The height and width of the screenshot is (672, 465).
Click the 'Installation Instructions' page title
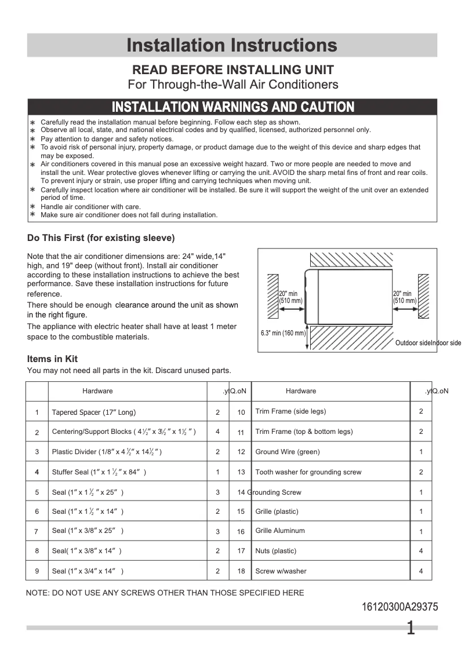(232, 45)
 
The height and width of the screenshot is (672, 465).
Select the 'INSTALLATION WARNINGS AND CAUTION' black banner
(232, 107)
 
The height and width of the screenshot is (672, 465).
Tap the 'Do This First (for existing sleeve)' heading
(101, 238)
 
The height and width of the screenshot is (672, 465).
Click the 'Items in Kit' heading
(52, 359)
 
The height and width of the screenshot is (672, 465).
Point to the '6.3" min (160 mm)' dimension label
(282, 333)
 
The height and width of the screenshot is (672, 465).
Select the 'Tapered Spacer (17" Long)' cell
(94, 412)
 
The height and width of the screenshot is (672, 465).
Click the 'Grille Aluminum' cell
(280, 531)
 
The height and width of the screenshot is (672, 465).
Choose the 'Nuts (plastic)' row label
(276, 551)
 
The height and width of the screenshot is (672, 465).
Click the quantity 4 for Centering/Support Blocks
(218, 432)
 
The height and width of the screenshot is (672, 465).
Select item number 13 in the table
(241, 472)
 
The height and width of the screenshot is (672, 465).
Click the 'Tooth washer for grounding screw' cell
(308, 472)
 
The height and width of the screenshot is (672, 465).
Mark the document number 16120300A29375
(400, 607)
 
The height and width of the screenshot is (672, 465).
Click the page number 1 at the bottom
(410, 629)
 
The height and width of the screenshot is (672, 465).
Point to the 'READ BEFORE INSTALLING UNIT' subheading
(233, 70)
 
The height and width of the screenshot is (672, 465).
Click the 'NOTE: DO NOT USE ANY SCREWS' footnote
(165, 593)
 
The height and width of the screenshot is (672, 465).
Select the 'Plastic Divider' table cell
(107, 452)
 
